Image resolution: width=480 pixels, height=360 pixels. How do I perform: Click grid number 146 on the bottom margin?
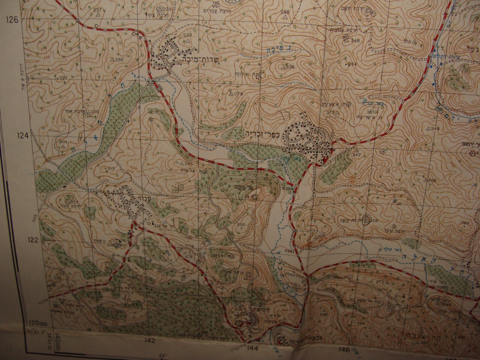pos(344,342)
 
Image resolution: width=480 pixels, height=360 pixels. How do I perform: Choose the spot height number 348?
pos(356,40)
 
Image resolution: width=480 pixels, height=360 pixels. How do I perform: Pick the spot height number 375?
pos(331,112)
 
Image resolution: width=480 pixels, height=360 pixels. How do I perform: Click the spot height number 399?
pos(465,223)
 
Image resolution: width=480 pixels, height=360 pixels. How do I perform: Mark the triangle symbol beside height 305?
pos(316,237)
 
